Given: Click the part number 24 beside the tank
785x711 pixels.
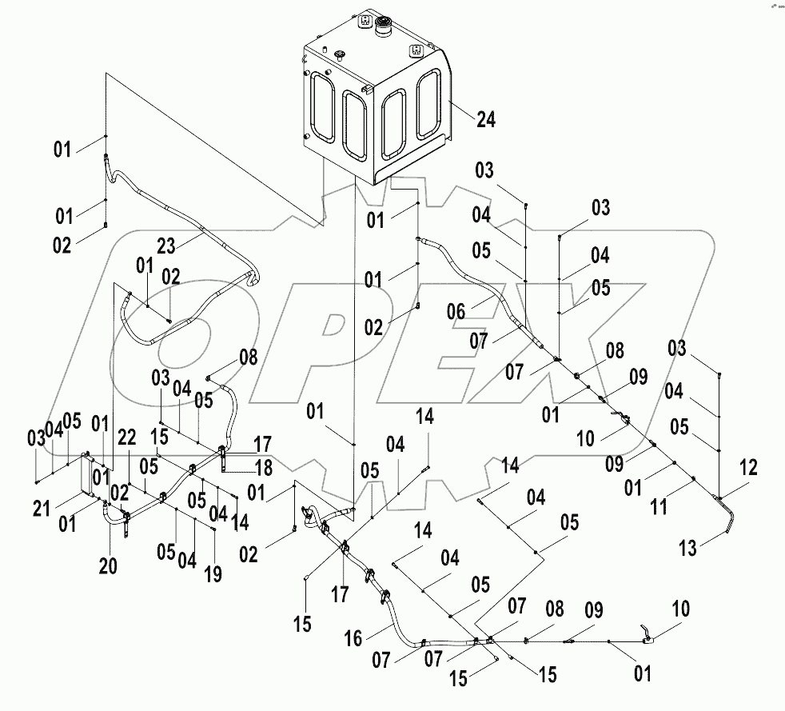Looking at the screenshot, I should point(486,120).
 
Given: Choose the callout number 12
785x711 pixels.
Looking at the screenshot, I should point(749,468).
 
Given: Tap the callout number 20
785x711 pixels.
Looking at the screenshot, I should point(109,565).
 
